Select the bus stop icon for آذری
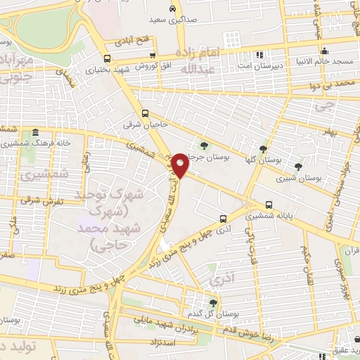click(222, 219)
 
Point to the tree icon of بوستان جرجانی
click(204, 146)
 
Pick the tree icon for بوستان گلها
click(263, 148)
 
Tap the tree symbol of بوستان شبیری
click(299, 167)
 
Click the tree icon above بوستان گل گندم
click(213, 302)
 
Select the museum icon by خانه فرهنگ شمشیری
click(35, 134)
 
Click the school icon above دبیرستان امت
click(259, 54)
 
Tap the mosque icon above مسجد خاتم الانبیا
click(325, 51)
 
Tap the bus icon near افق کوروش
click(107, 58)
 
